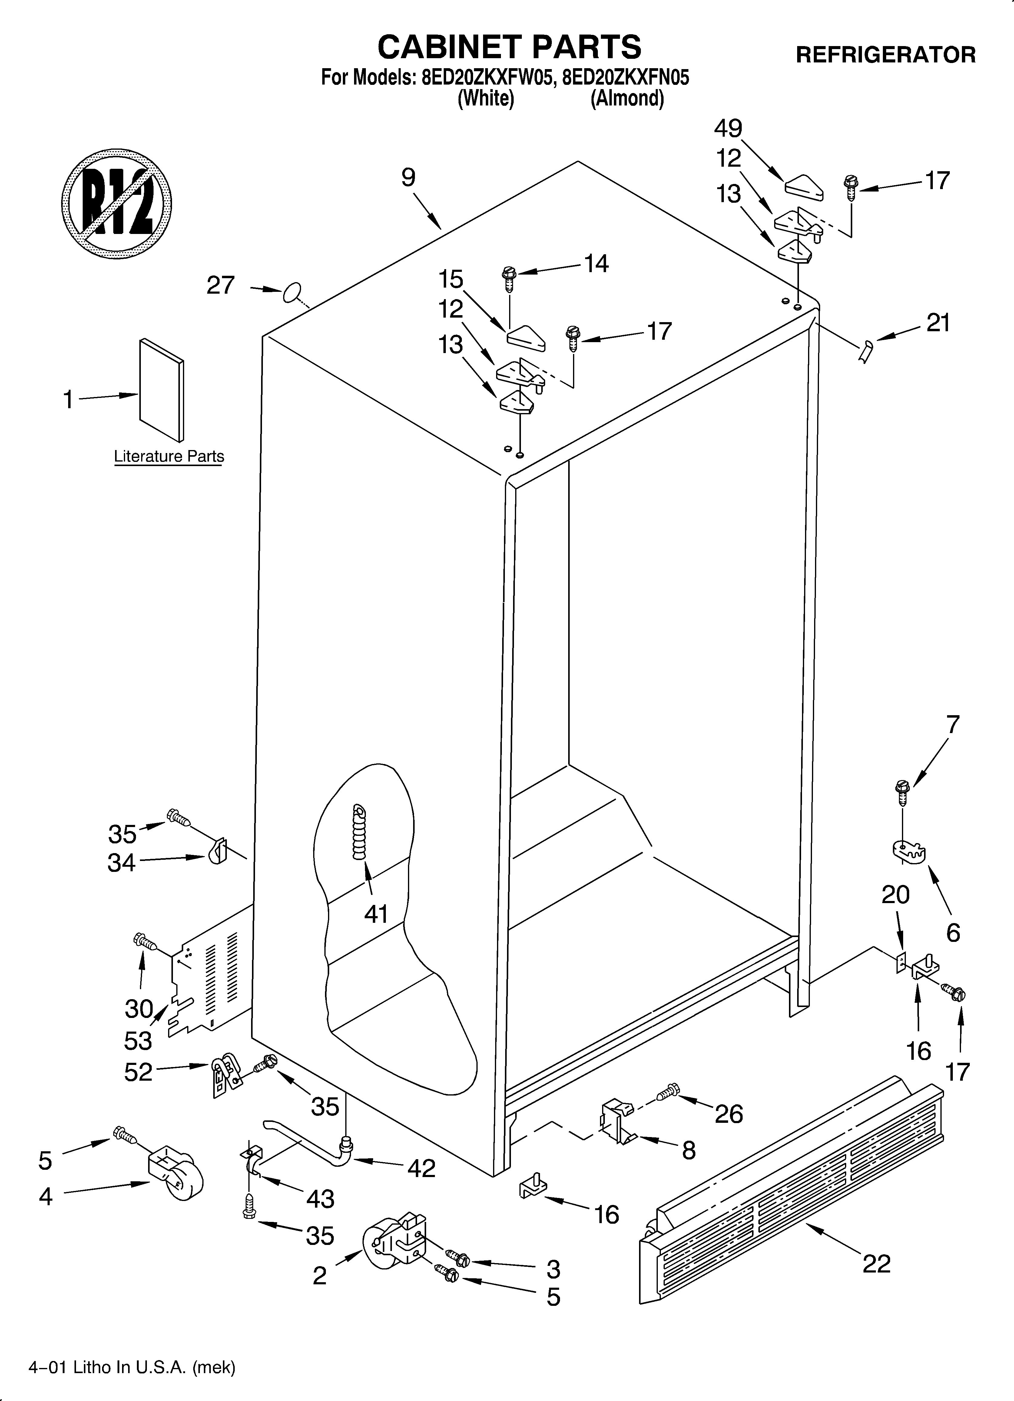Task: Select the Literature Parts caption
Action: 169,456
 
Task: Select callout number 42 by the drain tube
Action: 421,1168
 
